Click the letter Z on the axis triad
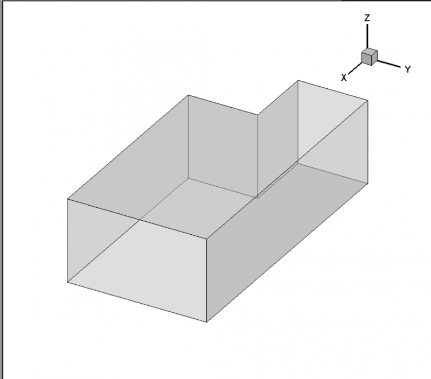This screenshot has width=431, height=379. click(x=367, y=18)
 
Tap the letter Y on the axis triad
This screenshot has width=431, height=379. click(x=408, y=69)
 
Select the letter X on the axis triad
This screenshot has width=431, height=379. click(x=344, y=78)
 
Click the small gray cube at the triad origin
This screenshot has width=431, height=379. click(x=369, y=57)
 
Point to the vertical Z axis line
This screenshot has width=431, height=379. click(x=367, y=37)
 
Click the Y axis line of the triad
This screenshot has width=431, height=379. click(x=388, y=64)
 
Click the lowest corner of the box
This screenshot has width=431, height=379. click(x=206, y=321)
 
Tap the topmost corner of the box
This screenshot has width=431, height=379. click(x=298, y=80)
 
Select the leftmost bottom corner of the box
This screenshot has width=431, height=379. click(x=67, y=282)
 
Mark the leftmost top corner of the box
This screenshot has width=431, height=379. click(x=67, y=199)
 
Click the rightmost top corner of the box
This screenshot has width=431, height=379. click(x=368, y=100)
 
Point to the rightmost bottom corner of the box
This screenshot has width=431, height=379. click(x=368, y=183)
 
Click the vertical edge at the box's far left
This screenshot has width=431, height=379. click(x=67, y=241)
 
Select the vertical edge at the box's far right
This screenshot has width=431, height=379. click(x=368, y=142)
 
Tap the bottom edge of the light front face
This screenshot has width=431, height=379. click(x=137, y=302)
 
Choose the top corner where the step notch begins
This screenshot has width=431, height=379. click(x=258, y=115)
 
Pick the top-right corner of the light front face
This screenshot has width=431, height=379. click(x=206, y=238)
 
